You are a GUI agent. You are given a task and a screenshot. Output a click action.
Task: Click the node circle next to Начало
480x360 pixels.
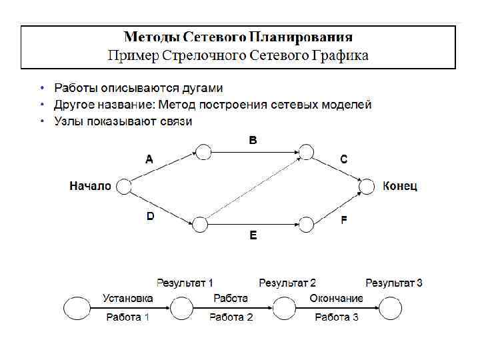click(x=123, y=187)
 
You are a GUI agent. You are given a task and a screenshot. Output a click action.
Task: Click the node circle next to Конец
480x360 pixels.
click(x=369, y=187)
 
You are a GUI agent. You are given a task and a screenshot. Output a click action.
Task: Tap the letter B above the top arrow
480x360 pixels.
click(x=253, y=141)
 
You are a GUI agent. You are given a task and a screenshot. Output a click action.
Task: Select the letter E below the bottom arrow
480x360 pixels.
click(x=253, y=235)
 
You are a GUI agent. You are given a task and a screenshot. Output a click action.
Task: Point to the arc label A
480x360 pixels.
click(x=149, y=159)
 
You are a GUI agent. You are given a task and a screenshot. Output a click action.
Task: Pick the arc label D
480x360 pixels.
click(x=150, y=217)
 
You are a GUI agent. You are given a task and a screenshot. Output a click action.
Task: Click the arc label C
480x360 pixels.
click(x=343, y=159)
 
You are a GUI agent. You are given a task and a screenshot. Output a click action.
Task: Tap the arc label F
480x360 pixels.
click(x=344, y=219)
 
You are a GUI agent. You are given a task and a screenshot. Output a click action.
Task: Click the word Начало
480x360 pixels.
click(x=90, y=187)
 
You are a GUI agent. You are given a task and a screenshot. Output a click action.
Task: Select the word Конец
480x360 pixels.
click(x=400, y=187)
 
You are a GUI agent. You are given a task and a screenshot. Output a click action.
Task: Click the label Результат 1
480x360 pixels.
click(x=185, y=283)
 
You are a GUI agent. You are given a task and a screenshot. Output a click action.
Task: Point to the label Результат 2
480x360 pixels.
click(x=287, y=283)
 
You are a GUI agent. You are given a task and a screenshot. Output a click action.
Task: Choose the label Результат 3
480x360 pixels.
click(x=394, y=283)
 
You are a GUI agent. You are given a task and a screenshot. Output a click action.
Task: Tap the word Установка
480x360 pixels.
click(x=128, y=298)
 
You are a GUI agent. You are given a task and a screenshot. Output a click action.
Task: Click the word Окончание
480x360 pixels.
click(x=337, y=298)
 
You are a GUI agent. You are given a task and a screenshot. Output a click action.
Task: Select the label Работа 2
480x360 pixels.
click(x=231, y=317)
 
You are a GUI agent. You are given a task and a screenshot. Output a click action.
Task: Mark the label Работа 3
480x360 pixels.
click(x=337, y=317)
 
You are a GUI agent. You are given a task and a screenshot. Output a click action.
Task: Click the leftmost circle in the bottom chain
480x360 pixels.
click(x=77, y=308)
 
